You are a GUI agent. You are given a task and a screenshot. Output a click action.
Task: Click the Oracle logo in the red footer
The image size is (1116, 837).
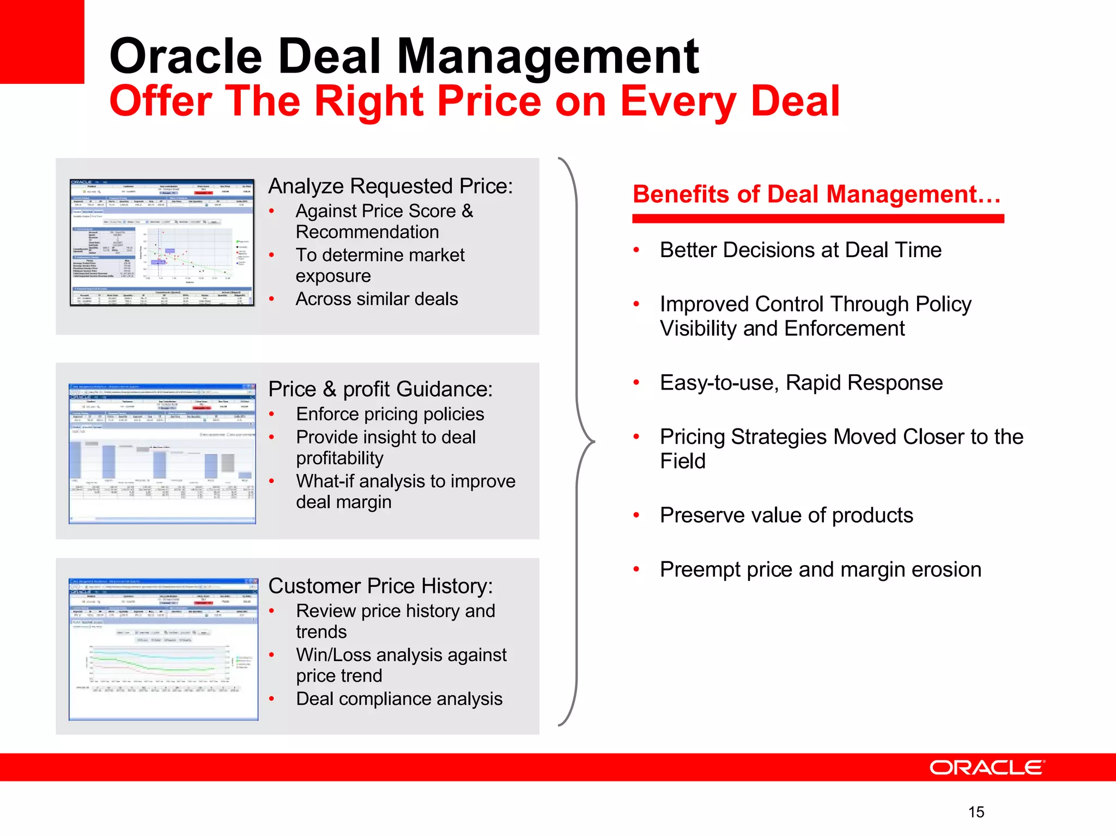tap(986, 767)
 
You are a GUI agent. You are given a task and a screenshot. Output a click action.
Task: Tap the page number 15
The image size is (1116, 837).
tap(976, 812)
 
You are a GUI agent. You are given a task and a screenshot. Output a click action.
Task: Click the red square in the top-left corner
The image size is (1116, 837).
tap(41, 41)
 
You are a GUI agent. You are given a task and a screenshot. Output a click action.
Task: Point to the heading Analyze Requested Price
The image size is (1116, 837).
tap(390, 186)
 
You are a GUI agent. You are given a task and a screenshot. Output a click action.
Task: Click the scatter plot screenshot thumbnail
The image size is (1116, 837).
tap(162, 242)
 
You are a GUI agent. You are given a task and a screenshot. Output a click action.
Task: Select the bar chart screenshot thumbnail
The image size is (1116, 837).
tap(162, 453)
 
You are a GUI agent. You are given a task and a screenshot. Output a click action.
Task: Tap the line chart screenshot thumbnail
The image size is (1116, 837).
tap(163, 649)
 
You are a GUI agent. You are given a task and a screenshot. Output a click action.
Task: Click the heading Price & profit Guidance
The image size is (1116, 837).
tap(380, 389)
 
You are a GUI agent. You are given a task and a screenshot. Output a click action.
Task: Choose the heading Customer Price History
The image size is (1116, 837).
tap(380, 586)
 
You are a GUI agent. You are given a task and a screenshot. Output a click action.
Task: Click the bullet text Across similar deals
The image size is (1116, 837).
tap(377, 299)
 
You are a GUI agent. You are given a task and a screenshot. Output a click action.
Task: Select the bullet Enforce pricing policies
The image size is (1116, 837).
tap(390, 414)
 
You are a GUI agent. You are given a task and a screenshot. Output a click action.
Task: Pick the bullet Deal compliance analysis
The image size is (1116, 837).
tap(399, 699)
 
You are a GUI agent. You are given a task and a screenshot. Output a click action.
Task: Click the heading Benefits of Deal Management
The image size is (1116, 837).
tap(816, 195)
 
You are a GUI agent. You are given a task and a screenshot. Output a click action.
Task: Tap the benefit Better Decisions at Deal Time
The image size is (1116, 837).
tap(800, 250)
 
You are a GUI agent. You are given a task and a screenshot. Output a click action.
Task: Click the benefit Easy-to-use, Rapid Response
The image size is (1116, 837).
tap(800, 383)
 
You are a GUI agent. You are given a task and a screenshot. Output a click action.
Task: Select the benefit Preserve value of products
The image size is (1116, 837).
tap(786, 515)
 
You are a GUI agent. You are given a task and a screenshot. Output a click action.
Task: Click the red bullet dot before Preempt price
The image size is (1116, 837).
tap(636, 569)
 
